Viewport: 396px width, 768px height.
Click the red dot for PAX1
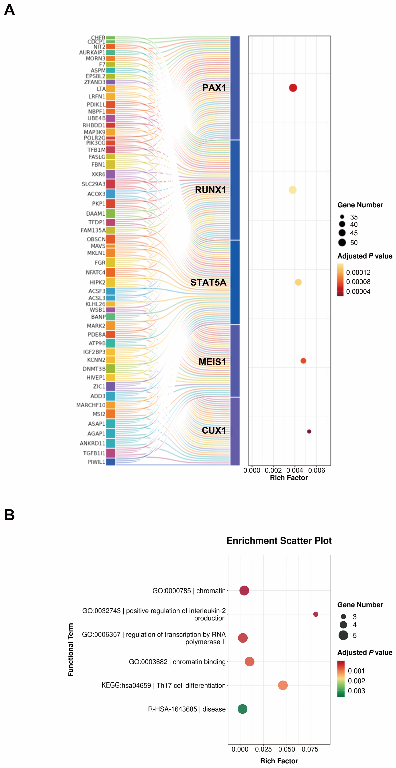pos(293,88)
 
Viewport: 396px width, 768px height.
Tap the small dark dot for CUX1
pos(309,431)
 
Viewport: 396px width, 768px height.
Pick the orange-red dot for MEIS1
pos(303,361)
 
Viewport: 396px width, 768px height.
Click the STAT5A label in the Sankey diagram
pos(208,282)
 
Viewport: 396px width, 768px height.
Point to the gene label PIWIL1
pos(96,462)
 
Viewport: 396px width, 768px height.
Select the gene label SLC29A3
pos(94,184)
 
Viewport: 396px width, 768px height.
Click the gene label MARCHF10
pos(91,405)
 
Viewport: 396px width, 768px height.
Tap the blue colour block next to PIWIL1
pos(110,462)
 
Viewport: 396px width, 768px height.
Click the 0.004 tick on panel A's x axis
pos(294,470)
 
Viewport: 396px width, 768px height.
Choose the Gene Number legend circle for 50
pos(342,242)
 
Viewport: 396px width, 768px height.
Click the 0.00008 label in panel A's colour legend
pos(358,282)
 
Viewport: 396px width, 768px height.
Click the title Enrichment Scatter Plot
pos(279,540)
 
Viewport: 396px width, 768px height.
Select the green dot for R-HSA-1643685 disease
pos(242,709)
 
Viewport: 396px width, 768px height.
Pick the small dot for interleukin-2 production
pos(316,614)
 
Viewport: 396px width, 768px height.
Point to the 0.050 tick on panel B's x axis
pos(286,749)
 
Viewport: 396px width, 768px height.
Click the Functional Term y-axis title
pos(70,650)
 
